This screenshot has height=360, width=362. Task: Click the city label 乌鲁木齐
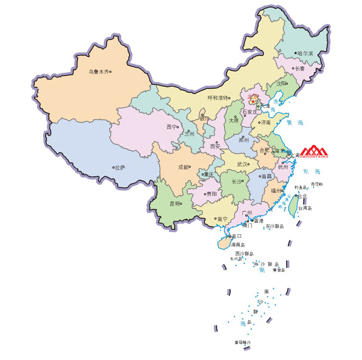(x=99, y=72)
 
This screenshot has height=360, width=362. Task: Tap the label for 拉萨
(x=120, y=168)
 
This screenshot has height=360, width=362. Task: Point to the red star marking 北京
(x=252, y=102)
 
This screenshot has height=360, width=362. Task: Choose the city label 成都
(x=183, y=167)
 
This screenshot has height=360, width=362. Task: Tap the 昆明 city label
(x=175, y=204)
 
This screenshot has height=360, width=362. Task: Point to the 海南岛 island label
(x=238, y=245)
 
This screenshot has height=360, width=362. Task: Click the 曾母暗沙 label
(x=243, y=342)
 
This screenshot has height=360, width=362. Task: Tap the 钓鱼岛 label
(x=300, y=187)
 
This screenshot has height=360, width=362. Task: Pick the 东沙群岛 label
(x=275, y=226)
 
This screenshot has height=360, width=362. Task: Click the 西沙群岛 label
(x=244, y=254)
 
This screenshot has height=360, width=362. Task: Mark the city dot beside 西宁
(x=178, y=127)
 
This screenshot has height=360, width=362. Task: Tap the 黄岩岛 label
(x=279, y=270)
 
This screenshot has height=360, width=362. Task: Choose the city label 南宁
(x=222, y=219)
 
